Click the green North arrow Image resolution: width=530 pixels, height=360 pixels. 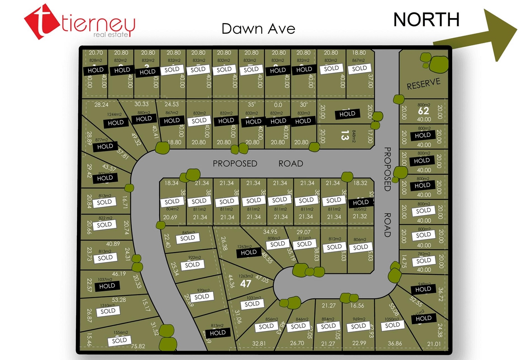click(x=491, y=34)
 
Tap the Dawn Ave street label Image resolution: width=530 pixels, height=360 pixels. click(x=258, y=29)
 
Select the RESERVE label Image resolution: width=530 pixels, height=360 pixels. click(x=423, y=84)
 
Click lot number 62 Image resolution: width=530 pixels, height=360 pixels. click(x=423, y=111)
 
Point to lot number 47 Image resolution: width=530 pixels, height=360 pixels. click(x=245, y=284)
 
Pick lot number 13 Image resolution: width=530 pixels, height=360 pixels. click(x=344, y=135)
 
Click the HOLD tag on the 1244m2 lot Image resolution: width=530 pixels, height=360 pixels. click(x=116, y=123)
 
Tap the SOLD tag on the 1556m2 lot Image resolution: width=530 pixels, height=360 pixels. click(x=119, y=340)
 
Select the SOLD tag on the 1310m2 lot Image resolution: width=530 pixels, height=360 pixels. click(x=108, y=311)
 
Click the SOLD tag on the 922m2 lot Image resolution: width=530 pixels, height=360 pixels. click(x=192, y=265)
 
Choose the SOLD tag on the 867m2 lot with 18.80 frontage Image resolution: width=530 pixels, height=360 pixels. click(x=360, y=68)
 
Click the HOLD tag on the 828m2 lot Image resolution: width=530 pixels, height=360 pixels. click(x=96, y=70)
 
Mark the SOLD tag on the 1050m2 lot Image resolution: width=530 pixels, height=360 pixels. click(x=392, y=325)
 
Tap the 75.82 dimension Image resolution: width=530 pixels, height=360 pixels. click(x=138, y=346)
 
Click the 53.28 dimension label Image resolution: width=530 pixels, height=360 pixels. click(x=119, y=300)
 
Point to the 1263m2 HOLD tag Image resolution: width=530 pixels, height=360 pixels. click(x=249, y=252)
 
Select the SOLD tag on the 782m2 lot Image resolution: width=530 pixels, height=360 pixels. click(x=424, y=261)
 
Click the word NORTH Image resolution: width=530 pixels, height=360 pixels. click(x=426, y=20)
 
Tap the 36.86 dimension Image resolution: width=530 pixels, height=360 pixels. click(x=395, y=343)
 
